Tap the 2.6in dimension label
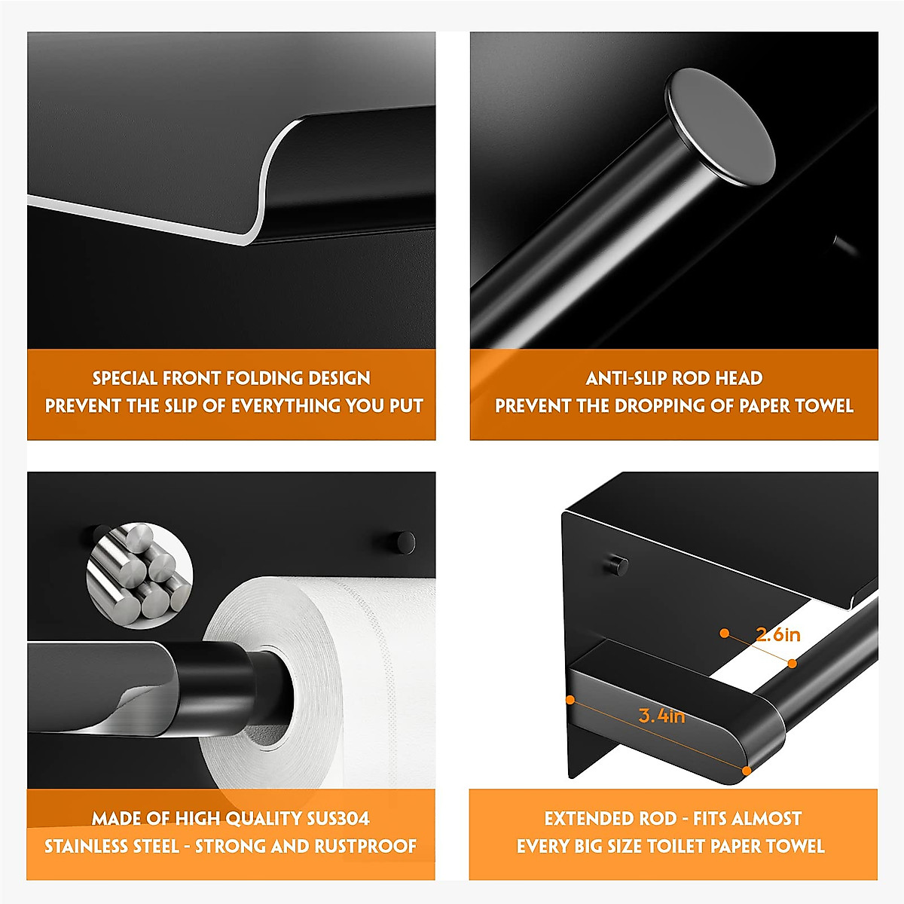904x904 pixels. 777,635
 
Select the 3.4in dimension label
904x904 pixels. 661,716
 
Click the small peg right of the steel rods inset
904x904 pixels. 402,542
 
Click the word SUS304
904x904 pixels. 338,819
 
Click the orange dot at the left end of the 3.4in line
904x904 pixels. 570,700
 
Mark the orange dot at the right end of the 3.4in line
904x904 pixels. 746,770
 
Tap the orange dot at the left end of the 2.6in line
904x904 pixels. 724,633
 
